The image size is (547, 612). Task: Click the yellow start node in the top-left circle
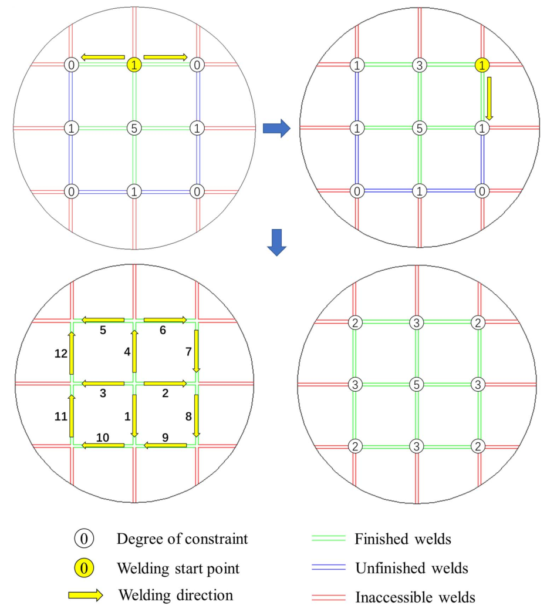click(x=134, y=65)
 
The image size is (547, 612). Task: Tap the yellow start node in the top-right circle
click(x=481, y=65)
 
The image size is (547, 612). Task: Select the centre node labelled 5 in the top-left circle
click(x=134, y=128)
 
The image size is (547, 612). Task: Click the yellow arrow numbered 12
click(x=72, y=353)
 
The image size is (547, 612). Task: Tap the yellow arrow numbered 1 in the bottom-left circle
click(x=134, y=416)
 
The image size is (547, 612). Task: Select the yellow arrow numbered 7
click(x=197, y=351)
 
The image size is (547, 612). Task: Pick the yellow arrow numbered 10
click(x=103, y=446)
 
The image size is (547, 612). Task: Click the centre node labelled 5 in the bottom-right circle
click(x=417, y=385)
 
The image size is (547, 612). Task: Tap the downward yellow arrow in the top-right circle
click(x=489, y=98)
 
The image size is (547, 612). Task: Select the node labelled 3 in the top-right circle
click(x=418, y=65)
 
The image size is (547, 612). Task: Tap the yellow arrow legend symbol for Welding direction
click(x=86, y=596)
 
